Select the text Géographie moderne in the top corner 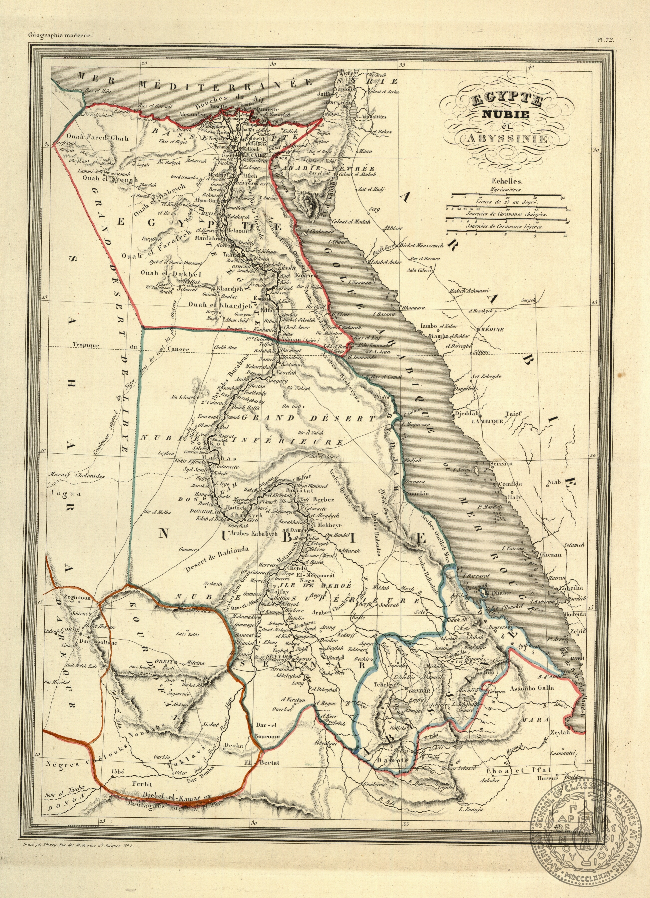[60, 34]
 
